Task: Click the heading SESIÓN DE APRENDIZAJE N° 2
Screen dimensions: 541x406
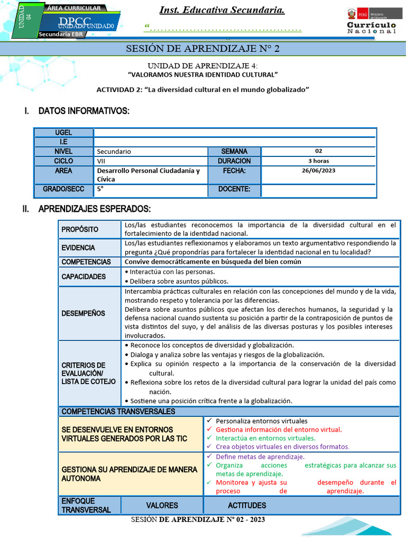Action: tap(202, 49)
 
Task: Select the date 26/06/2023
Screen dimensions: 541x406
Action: tap(318, 171)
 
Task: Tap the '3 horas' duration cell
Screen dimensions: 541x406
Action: tap(318, 161)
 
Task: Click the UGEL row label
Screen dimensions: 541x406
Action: tap(63, 133)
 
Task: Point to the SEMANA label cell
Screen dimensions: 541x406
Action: tap(234, 151)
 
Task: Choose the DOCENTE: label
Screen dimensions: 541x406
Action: tap(234, 189)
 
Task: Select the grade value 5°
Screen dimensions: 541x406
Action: tap(100, 189)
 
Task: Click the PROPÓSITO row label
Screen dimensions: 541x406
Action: tap(80, 229)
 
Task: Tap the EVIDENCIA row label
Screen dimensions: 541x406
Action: tap(78, 248)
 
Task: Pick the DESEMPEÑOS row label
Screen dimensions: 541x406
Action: tap(83, 313)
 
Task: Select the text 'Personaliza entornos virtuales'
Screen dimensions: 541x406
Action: tap(261, 421)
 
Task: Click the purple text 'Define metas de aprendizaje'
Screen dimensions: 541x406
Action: tap(260, 456)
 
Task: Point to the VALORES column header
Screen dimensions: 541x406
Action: tap(162, 506)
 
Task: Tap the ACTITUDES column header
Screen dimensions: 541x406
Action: tap(247, 506)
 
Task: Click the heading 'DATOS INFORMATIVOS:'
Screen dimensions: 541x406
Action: tap(84, 111)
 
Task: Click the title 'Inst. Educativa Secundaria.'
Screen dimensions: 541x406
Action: tap(222, 11)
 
